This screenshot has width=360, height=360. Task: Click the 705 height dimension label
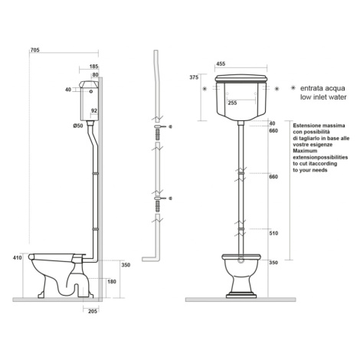point(35,50)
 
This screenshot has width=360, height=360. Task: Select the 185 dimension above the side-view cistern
point(93,67)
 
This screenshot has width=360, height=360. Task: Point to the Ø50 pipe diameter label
point(78,126)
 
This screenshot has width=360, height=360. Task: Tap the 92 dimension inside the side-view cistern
point(94,110)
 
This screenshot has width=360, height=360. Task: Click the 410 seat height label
point(18,257)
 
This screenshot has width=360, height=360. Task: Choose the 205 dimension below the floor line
point(92,311)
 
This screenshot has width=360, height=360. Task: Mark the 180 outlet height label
point(112,281)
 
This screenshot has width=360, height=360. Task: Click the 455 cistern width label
point(221,64)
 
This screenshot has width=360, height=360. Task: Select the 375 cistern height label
point(194,77)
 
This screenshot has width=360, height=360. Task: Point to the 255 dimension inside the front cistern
point(232,103)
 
